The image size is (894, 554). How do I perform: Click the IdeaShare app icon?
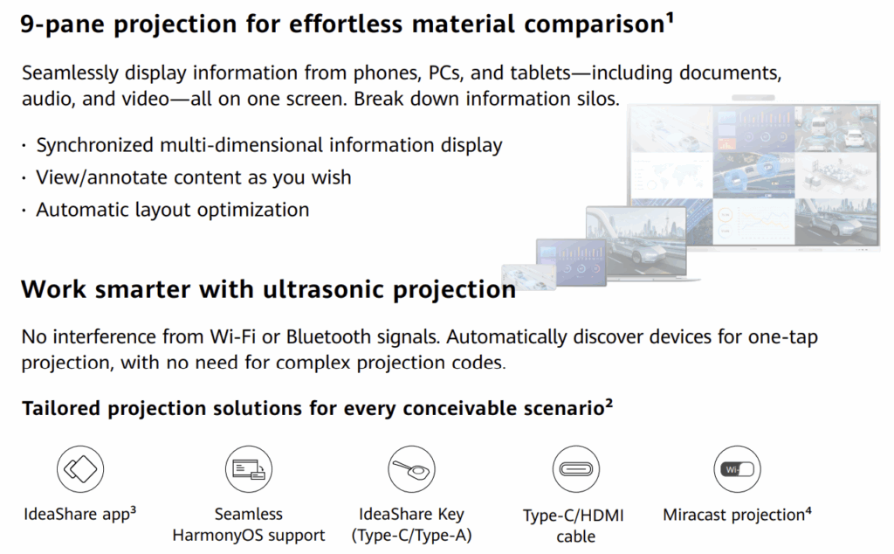click(x=80, y=469)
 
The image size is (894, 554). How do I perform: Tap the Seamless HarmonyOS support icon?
click(x=249, y=469)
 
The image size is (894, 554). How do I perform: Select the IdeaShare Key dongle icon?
click(x=412, y=469)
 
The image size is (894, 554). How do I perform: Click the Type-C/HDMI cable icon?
click(x=576, y=469)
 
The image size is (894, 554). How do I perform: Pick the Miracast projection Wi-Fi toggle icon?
click(x=737, y=469)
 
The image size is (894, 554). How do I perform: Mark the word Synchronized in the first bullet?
click(x=95, y=145)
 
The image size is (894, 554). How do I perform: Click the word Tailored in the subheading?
click(x=61, y=409)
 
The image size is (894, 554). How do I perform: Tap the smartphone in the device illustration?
click(x=528, y=277)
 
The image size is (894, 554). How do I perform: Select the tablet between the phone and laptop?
click(x=571, y=262)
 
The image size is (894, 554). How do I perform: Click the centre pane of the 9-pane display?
click(x=753, y=175)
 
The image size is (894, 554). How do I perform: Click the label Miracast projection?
click(x=733, y=516)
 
